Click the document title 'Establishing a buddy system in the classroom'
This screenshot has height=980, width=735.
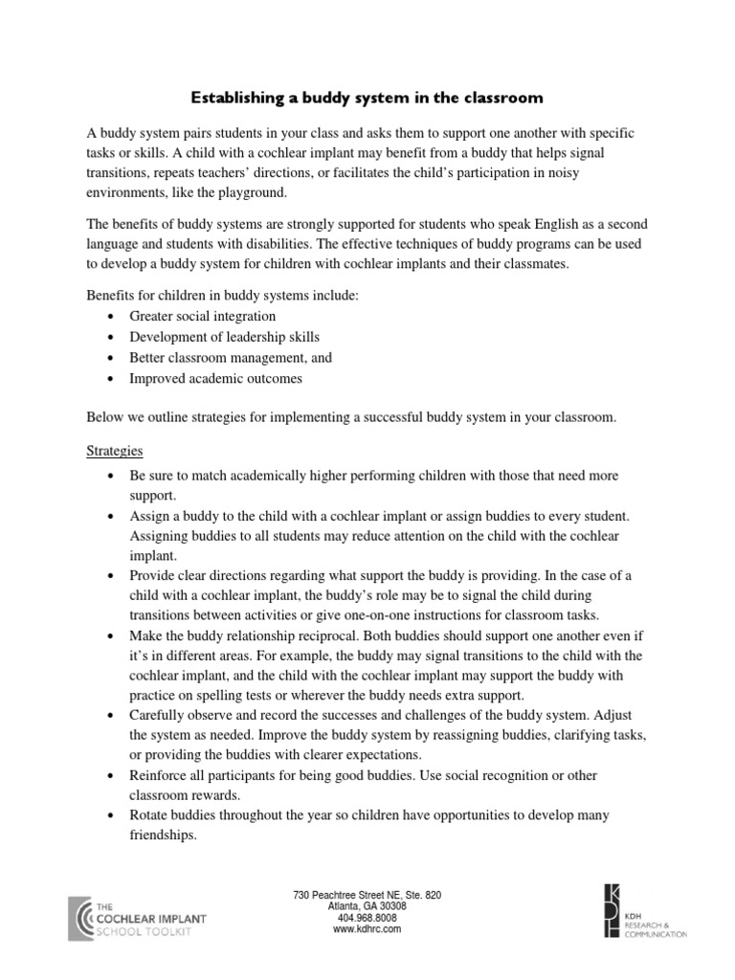click(x=367, y=98)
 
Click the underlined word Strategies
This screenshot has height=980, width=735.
click(x=116, y=449)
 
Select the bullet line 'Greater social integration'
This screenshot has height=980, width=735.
click(x=203, y=316)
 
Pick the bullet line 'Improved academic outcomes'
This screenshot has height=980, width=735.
click(x=215, y=378)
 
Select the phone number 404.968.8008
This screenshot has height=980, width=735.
click(x=367, y=917)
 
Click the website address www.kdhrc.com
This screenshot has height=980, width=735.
click(x=367, y=928)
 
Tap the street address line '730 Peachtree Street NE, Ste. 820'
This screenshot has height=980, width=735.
click(x=367, y=895)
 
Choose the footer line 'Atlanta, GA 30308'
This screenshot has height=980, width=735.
click(x=367, y=906)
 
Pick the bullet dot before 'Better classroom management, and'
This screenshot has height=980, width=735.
click(x=115, y=358)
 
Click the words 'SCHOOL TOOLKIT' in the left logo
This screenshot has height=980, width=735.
click(x=145, y=930)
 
